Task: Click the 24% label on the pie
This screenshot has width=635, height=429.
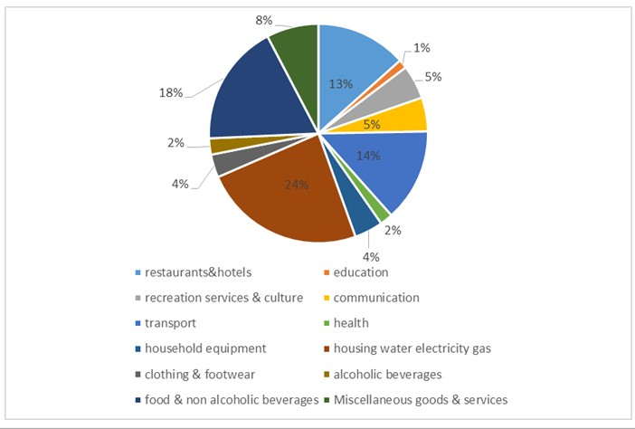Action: click(x=298, y=186)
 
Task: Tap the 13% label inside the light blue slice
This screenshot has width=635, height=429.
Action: click(x=341, y=84)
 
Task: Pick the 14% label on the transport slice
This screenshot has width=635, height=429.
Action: click(x=368, y=156)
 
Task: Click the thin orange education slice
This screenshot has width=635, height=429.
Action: click(x=397, y=67)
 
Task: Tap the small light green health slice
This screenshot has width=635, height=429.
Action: click(x=384, y=214)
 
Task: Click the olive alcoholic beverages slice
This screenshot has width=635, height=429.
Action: click(x=217, y=146)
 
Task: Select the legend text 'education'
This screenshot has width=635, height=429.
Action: click(x=361, y=272)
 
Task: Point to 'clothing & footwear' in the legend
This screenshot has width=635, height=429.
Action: click(x=194, y=374)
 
